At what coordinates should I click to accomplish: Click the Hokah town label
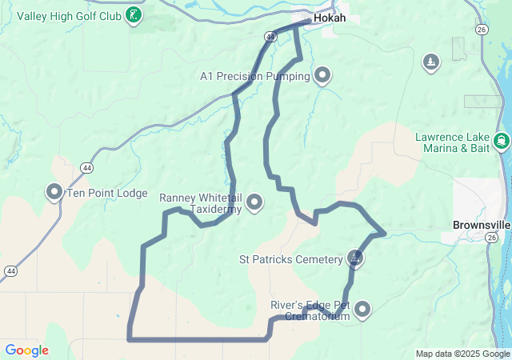[x=330, y=17]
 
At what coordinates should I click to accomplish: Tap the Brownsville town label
[x=481, y=226]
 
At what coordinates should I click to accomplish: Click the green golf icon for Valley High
[x=135, y=14]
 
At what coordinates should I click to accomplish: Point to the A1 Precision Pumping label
[x=255, y=76]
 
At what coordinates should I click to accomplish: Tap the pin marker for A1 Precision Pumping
[x=322, y=75]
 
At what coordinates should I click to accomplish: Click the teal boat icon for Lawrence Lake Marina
[x=502, y=142]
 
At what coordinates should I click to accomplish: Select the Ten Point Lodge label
[x=106, y=193]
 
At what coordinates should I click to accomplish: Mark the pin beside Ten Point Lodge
[x=54, y=192]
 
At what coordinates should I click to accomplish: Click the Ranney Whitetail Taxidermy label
[x=200, y=203]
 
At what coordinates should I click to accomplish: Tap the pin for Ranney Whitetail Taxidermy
[x=254, y=202]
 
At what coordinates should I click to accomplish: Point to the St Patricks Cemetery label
[x=290, y=259]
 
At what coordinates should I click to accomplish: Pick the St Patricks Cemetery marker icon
[x=354, y=258]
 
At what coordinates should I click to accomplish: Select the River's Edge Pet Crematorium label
[x=310, y=310]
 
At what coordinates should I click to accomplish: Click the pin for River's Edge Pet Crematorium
[x=363, y=309]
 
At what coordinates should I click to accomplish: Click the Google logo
[x=26, y=350]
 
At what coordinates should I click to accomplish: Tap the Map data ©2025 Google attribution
[x=462, y=354]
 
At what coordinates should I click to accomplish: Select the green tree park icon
[x=431, y=62]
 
